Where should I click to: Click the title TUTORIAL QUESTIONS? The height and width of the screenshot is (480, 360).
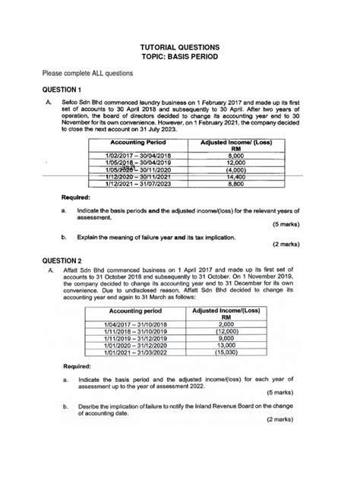(x=180, y=46)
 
